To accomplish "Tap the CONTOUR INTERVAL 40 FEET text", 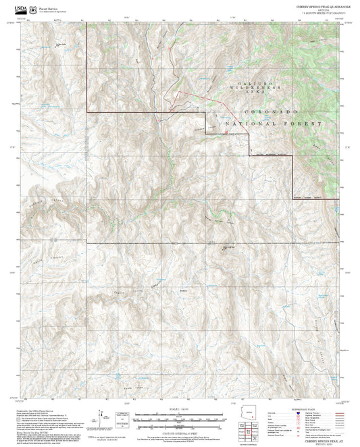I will coord(180,431).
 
